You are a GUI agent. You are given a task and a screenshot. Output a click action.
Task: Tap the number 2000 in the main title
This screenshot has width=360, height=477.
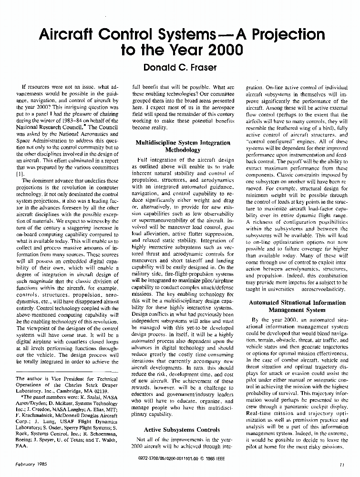(216, 50)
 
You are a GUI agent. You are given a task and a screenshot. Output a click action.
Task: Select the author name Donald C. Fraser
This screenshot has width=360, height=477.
(179, 68)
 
